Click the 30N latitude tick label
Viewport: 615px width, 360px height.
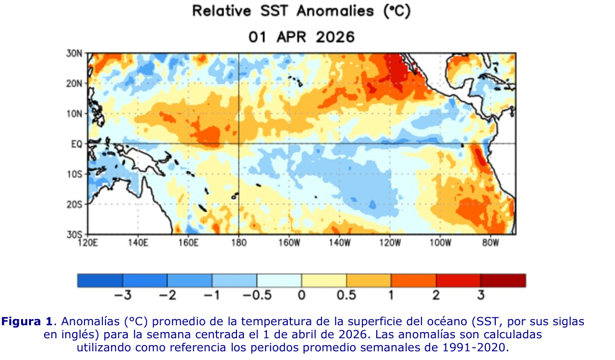tap(74, 53)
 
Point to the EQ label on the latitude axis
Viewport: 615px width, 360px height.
tap(77, 145)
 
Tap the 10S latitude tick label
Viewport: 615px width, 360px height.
tap(74, 174)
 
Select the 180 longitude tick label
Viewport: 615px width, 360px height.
tap(238, 243)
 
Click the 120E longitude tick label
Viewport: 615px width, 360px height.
tap(88, 243)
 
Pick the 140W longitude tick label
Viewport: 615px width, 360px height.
tap(339, 243)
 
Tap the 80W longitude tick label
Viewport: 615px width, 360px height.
tap(490, 243)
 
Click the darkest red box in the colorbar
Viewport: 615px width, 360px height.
tap(503, 281)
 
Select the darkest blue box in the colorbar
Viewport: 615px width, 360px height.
tap(100, 281)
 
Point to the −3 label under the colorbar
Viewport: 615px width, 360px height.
tap(123, 295)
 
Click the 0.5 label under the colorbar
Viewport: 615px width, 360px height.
tap(346, 295)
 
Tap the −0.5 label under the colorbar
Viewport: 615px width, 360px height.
tap(257, 295)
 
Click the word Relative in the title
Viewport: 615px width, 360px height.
tap(222, 11)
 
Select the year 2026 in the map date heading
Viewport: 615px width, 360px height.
tap(335, 37)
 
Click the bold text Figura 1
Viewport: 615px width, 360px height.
tap(27, 322)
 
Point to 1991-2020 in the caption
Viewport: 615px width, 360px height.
tap(475, 348)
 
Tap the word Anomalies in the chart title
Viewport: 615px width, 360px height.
tap(335, 11)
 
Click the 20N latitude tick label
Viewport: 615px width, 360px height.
tap(74, 84)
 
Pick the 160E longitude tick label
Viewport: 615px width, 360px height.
tap(188, 243)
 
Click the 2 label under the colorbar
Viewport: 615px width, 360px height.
tap(436, 295)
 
